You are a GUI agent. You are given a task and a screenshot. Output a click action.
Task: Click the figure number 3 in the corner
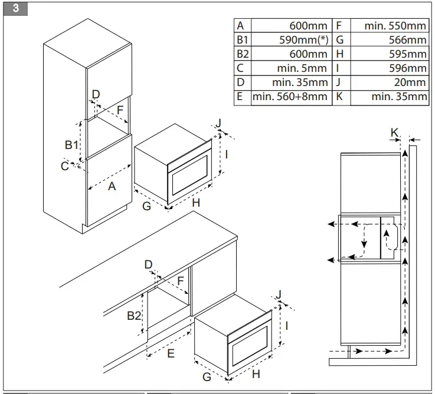[15, 8]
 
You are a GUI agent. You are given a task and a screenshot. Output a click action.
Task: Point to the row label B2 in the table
[243, 54]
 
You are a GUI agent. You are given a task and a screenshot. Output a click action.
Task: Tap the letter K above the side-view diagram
[394, 133]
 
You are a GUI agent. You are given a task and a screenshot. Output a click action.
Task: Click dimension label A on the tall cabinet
[111, 187]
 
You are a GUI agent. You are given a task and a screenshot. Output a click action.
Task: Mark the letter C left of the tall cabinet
[64, 166]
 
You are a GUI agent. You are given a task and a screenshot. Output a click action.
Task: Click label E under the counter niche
[171, 353]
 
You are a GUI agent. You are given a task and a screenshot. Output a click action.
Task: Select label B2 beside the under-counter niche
[135, 316]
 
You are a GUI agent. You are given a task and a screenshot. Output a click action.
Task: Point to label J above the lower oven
[279, 294]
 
